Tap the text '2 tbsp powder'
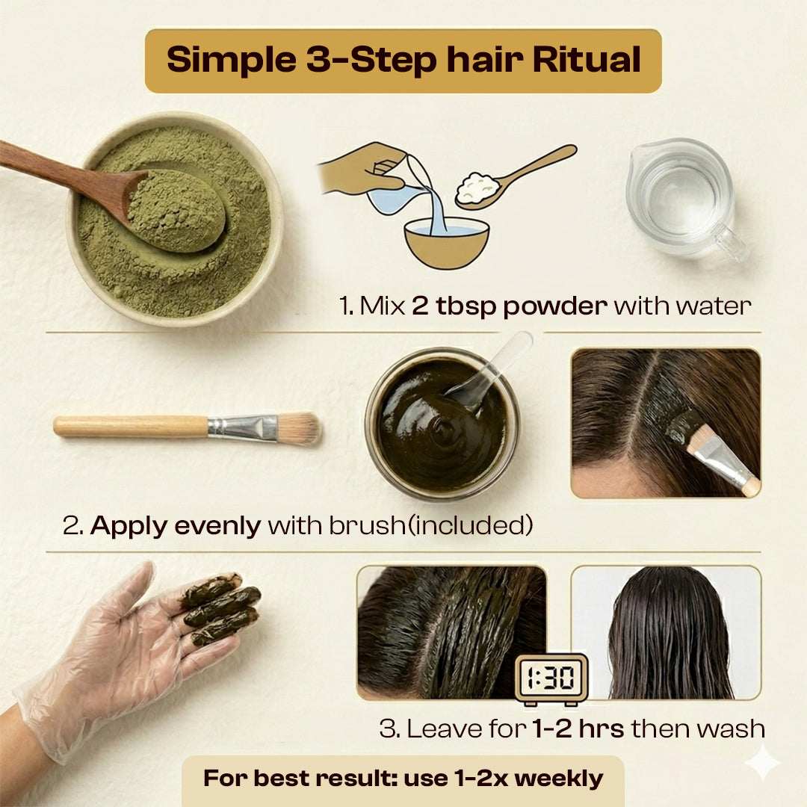point(510,306)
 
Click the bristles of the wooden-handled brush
point(298,429)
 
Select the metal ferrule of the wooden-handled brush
point(242,428)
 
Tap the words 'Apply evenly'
point(176,526)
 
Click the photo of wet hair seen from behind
point(666,633)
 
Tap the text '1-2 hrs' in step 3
point(578,729)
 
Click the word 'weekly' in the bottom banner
point(559,779)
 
